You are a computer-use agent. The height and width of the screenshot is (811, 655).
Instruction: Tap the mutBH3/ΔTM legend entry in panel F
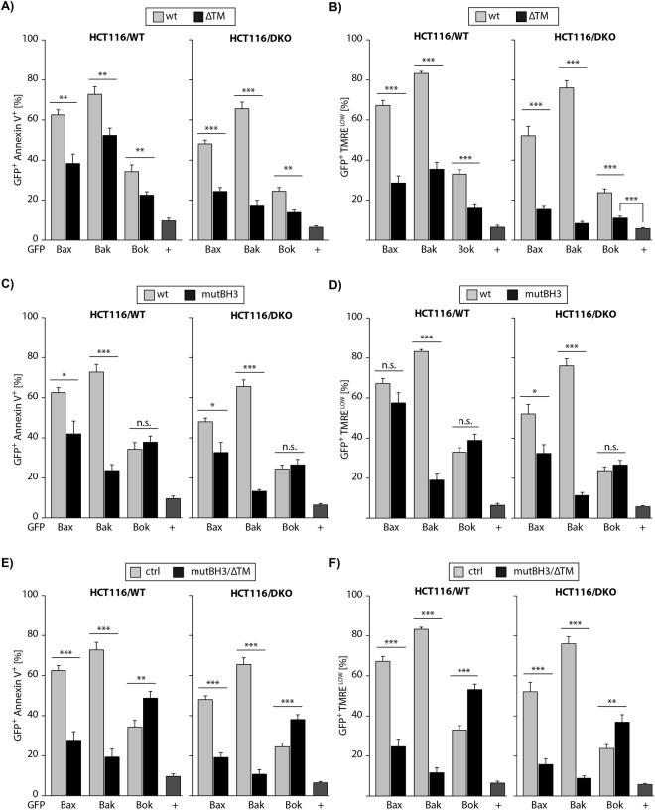[x=538, y=573]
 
